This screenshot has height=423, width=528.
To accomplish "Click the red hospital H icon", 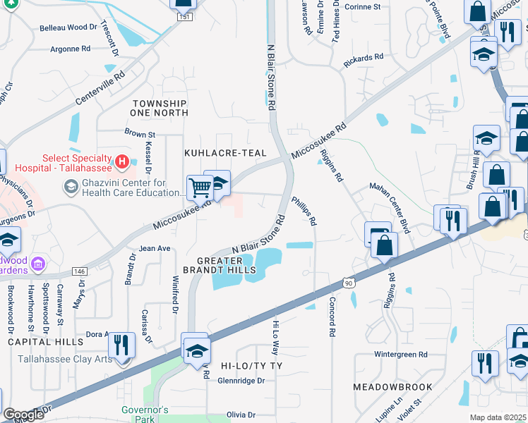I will tap(123, 163).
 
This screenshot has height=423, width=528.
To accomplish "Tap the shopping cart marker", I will tap(200, 188).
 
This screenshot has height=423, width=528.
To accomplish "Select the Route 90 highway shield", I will tap(347, 283).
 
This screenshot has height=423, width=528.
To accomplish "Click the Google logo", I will tap(23, 415).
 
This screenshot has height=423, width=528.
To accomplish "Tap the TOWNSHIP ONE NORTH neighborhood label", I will tap(160, 108).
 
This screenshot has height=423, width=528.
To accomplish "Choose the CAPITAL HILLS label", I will tap(46, 342).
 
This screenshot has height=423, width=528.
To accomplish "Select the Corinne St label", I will tap(363, 6).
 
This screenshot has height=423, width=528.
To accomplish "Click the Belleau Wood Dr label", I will tap(68, 27).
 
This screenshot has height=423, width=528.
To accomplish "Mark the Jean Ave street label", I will tap(155, 248).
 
